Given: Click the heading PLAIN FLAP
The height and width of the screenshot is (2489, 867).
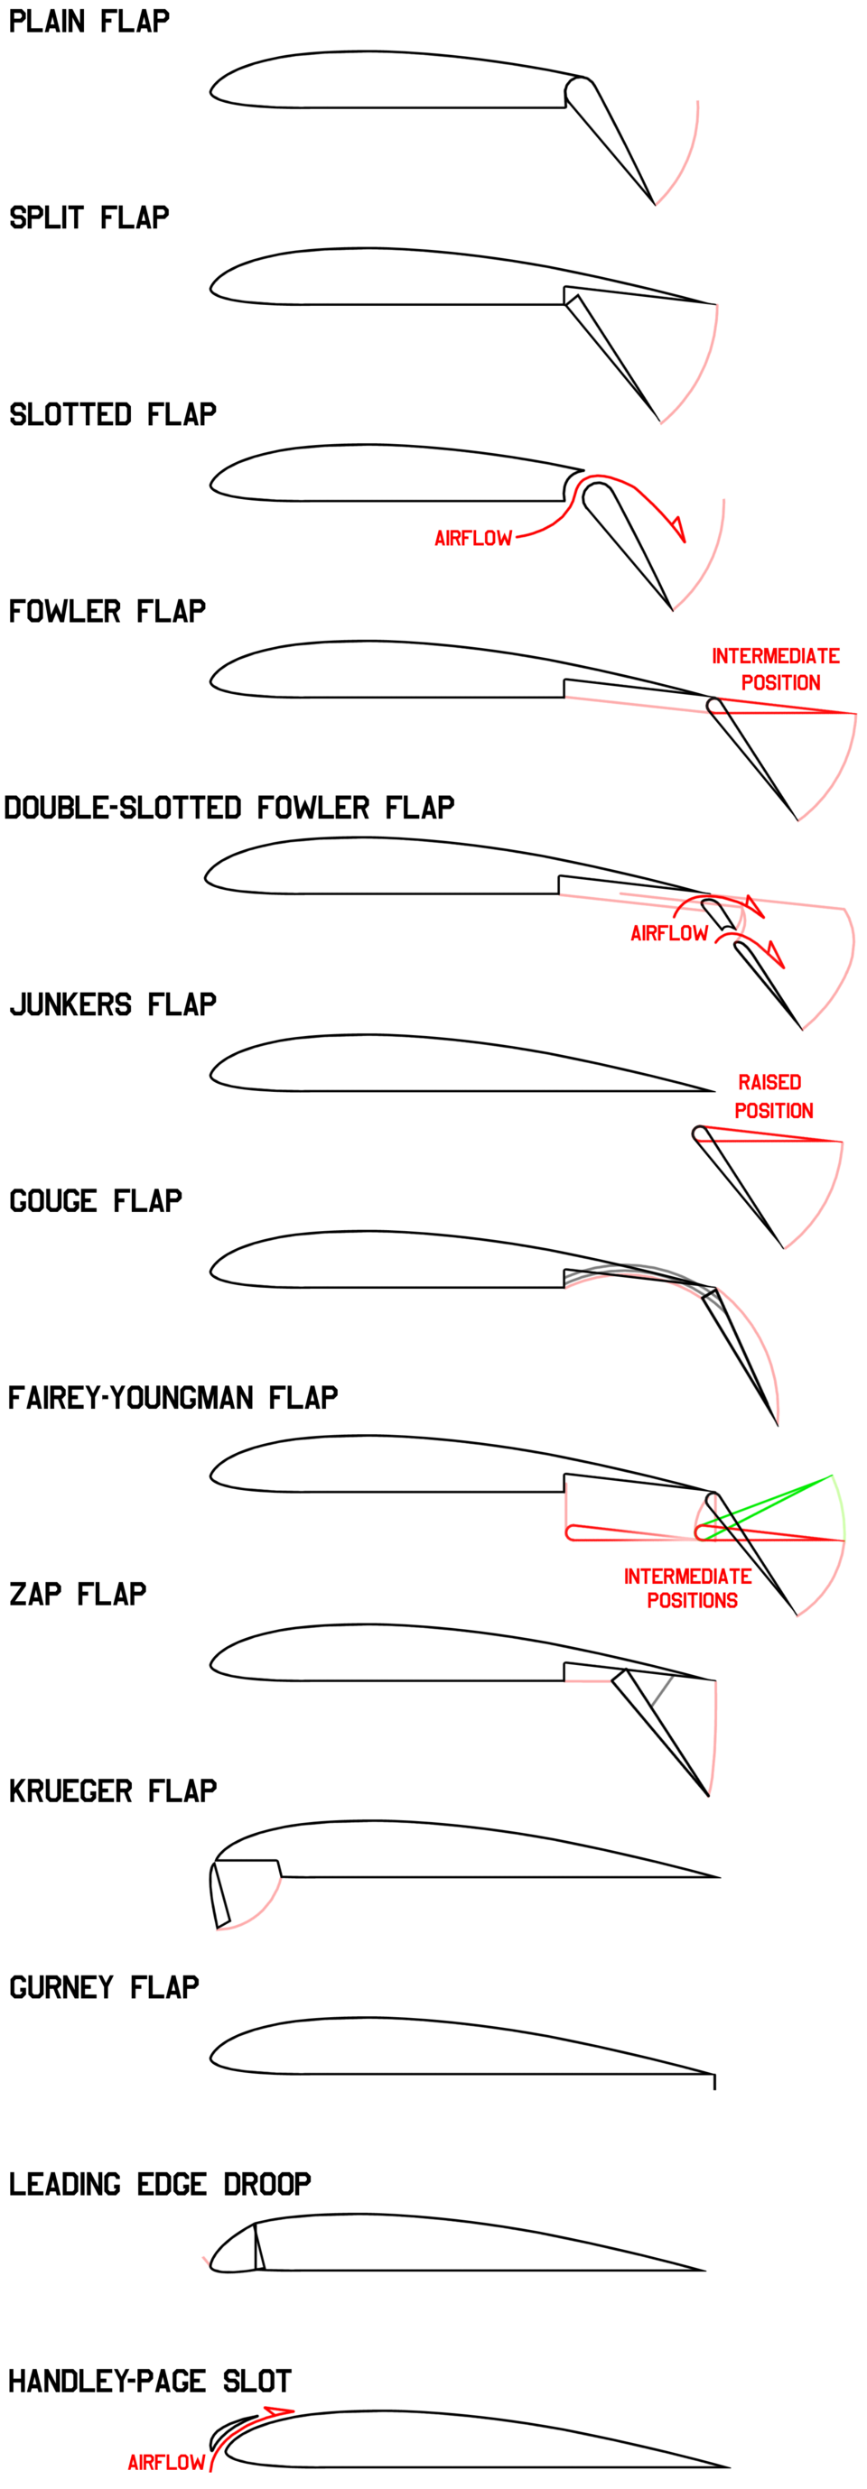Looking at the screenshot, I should pyautogui.click(x=89, y=22).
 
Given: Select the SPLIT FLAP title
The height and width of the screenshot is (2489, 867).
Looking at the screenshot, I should pyautogui.click(x=89, y=218).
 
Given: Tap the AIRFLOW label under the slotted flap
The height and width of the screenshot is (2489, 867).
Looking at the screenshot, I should pyautogui.click(x=472, y=538).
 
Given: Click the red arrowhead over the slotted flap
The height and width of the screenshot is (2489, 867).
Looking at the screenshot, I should pyautogui.click(x=677, y=530).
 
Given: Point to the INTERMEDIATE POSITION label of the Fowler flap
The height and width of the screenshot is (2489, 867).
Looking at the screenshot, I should pyautogui.click(x=777, y=669).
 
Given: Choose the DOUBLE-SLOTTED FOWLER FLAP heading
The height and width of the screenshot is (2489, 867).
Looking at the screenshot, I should pyautogui.click(x=229, y=808).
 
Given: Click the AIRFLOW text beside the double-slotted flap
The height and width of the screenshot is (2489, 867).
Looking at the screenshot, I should pyautogui.click(x=669, y=933).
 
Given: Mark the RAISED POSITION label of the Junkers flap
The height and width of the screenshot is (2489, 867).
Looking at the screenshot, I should pyautogui.click(x=772, y=1096).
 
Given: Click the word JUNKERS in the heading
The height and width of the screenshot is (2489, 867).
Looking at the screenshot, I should pyautogui.click(x=70, y=1004).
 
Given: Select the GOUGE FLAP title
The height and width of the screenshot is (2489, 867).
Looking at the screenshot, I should pyautogui.click(x=96, y=1201).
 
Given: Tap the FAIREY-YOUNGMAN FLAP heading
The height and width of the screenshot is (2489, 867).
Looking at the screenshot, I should pyautogui.click(x=173, y=1398).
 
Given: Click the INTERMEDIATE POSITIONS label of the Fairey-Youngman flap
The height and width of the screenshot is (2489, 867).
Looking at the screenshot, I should pyautogui.click(x=688, y=1588).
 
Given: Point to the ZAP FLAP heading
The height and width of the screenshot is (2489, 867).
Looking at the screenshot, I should pyautogui.click(x=79, y=1595).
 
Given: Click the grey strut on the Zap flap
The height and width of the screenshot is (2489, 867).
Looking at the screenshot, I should pyautogui.click(x=662, y=1691).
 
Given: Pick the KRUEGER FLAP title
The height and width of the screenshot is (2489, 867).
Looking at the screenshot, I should pyautogui.click(x=113, y=1791).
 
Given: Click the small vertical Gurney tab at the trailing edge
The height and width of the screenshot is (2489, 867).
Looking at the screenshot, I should pyautogui.click(x=714, y=2081).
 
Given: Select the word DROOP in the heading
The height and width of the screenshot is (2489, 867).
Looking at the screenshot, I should pyautogui.click(x=266, y=2185).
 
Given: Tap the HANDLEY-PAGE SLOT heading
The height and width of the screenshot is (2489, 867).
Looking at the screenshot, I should pyautogui.click(x=150, y=2381).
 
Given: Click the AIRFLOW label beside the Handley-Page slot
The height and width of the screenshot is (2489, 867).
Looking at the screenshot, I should pyautogui.click(x=166, y=2462).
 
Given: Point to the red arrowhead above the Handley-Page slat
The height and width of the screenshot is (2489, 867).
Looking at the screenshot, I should pyautogui.click(x=279, y=2410).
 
